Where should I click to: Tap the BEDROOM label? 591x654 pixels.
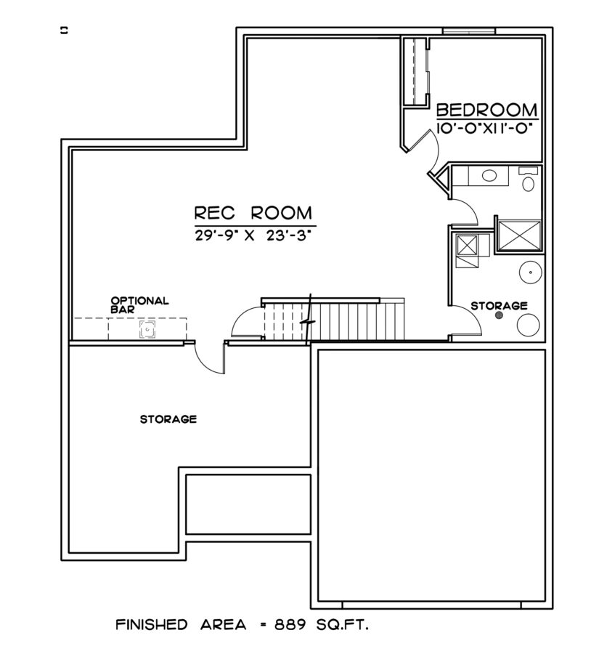click(486, 110)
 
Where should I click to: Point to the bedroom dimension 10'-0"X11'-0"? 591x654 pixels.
click(486, 128)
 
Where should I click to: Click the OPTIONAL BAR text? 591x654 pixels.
click(139, 304)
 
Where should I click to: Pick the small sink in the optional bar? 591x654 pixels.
click(147, 330)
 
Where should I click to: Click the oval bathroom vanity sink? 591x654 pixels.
click(489, 175)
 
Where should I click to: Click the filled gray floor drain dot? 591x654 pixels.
click(498, 315)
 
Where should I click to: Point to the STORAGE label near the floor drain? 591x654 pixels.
click(498, 305)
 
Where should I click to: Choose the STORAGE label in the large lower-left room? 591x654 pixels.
click(168, 419)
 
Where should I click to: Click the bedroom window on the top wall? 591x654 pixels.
click(469, 31)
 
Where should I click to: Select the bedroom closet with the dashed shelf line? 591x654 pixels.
click(415, 72)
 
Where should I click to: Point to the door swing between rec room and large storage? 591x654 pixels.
click(210, 358)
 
